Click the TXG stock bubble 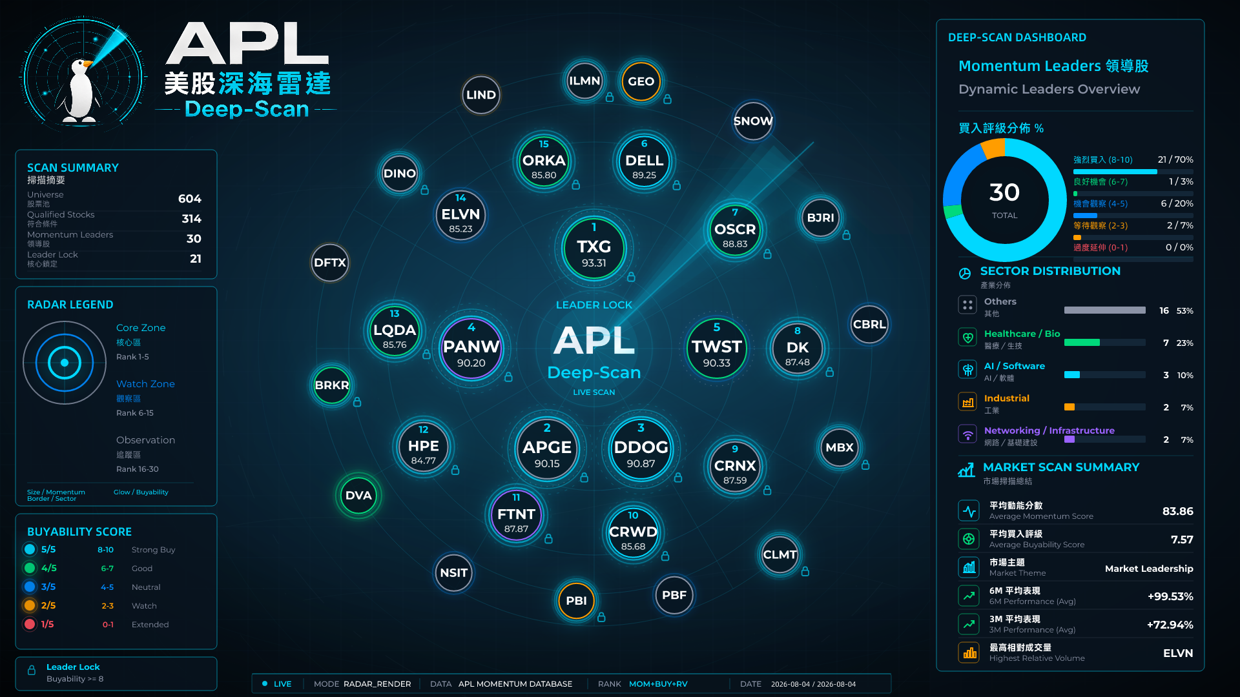click(594, 248)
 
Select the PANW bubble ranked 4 click(471, 348)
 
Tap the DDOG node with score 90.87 click(641, 449)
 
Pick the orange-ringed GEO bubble click(641, 81)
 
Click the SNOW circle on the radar click(753, 121)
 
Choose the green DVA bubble click(358, 496)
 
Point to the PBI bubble click(576, 601)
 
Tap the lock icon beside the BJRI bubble click(846, 235)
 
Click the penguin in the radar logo click(81, 90)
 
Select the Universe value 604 click(190, 199)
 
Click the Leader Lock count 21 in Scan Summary click(196, 259)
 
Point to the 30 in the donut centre click(1004, 192)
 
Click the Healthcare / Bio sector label click(1022, 334)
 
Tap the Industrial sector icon click(967, 401)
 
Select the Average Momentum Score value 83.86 click(1177, 511)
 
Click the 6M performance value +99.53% click(1170, 596)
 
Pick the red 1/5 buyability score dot click(30, 624)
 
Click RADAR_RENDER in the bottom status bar click(377, 684)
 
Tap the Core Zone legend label click(141, 328)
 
